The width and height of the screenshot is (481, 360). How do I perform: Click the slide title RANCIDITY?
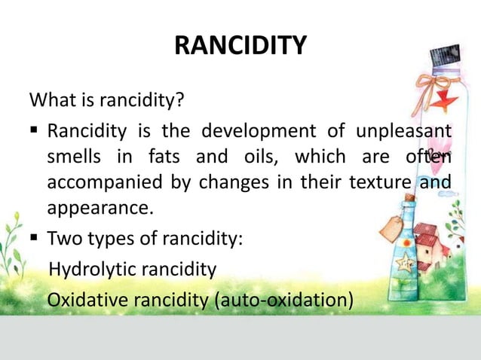point(240,46)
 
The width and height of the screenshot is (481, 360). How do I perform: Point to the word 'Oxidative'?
point(87,299)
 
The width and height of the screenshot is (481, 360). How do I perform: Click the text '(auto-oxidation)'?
point(284,299)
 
